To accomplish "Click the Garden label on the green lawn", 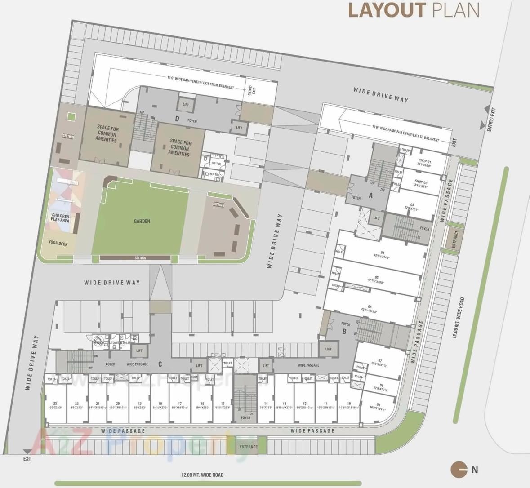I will (x=142, y=221).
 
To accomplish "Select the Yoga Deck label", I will (x=58, y=243).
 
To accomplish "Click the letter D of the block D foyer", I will (x=177, y=119).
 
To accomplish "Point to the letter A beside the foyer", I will (x=370, y=195).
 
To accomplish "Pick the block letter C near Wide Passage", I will (x=160, y=364).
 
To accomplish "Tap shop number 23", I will (x=55, y=404).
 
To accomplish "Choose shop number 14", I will (x=266, y=404).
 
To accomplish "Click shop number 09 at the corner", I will (x=378, y=405).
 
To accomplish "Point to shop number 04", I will (x=382, y=253).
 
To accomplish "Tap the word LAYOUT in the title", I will (x=387, y=10).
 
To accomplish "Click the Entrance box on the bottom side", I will (x=248, y=447).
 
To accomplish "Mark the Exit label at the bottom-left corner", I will (x=28, y=459).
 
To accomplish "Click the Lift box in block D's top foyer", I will (x=186, y=105).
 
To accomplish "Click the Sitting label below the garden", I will (x=140, y=258).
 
